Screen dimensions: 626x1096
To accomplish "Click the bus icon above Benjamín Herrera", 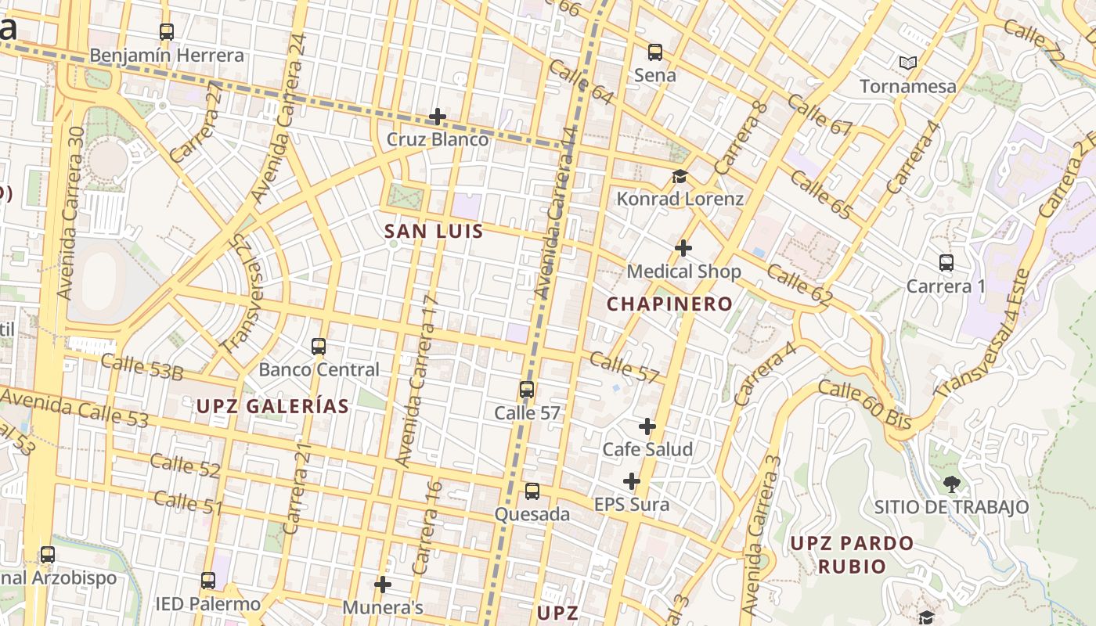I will click(x=166, y=32).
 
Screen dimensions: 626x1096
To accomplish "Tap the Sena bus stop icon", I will click(x=655, y=52).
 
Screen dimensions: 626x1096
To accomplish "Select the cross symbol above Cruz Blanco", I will click(x=438, y=117).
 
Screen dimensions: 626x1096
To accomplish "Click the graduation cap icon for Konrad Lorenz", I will click(x=680, y=177).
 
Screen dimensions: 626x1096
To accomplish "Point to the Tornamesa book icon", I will click(x=908, y=63).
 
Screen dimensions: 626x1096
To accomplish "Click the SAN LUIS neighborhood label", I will click(x=434, y=232).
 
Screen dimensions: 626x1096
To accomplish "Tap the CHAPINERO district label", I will click(x=670, y=304).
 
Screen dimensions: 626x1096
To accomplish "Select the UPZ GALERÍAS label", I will click(x=272, y=406).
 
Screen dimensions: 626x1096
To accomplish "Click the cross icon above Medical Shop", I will click(x=683, y=248).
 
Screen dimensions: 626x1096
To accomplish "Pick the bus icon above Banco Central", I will click(x=319, y=347).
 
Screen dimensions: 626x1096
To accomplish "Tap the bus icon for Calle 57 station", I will click(x=527, y=390).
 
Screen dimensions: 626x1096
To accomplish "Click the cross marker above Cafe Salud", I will click(x=647, y=426).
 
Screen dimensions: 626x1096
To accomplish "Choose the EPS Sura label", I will click(x=632, y=505).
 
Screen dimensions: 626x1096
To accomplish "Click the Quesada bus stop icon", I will click(x=532, y=491).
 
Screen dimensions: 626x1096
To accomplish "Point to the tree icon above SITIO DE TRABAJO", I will click(x=951, y=484).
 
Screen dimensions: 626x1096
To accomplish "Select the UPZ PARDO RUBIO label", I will click(x=852, y=554).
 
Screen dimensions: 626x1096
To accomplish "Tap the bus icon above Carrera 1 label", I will click(x=946, y=263).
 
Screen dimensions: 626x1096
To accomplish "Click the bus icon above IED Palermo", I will click(x=207, y=581).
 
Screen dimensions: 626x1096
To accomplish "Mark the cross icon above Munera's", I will click(x=383, y=585).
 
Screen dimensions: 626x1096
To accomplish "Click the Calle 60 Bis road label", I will click(x=864, y=404).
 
